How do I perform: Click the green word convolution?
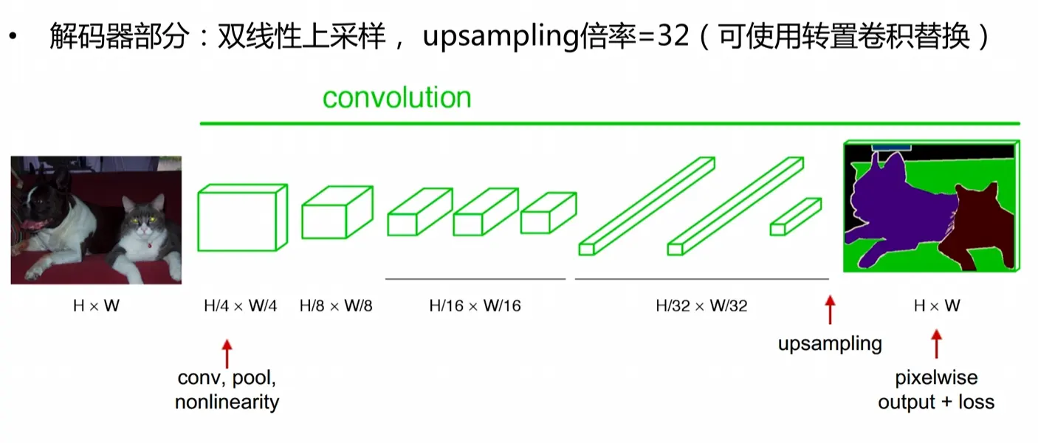click(x=397, y=97)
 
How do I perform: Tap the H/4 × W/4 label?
click(x=240, y=306)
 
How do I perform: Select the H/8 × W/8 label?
click(x=336, y=306)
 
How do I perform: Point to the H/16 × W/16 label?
click(x=475, y=306)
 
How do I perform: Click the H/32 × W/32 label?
click(x=701, y=306)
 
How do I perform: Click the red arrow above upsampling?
click(x=830, y=309)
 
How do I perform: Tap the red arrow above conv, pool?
click(x=227, y=354)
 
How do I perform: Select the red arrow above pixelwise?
click(x=937, y=344)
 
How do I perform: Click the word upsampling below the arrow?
click(x=830, y=344)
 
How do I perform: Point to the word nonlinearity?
click(x=227, y=402)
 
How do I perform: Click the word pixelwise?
click(x=936, y=378)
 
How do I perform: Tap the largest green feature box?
click(x=199, y=218)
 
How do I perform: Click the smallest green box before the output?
click(x=796, y=217)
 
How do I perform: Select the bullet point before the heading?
click(x=13, y=36)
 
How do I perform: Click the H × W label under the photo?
click(x=97, y=306)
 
